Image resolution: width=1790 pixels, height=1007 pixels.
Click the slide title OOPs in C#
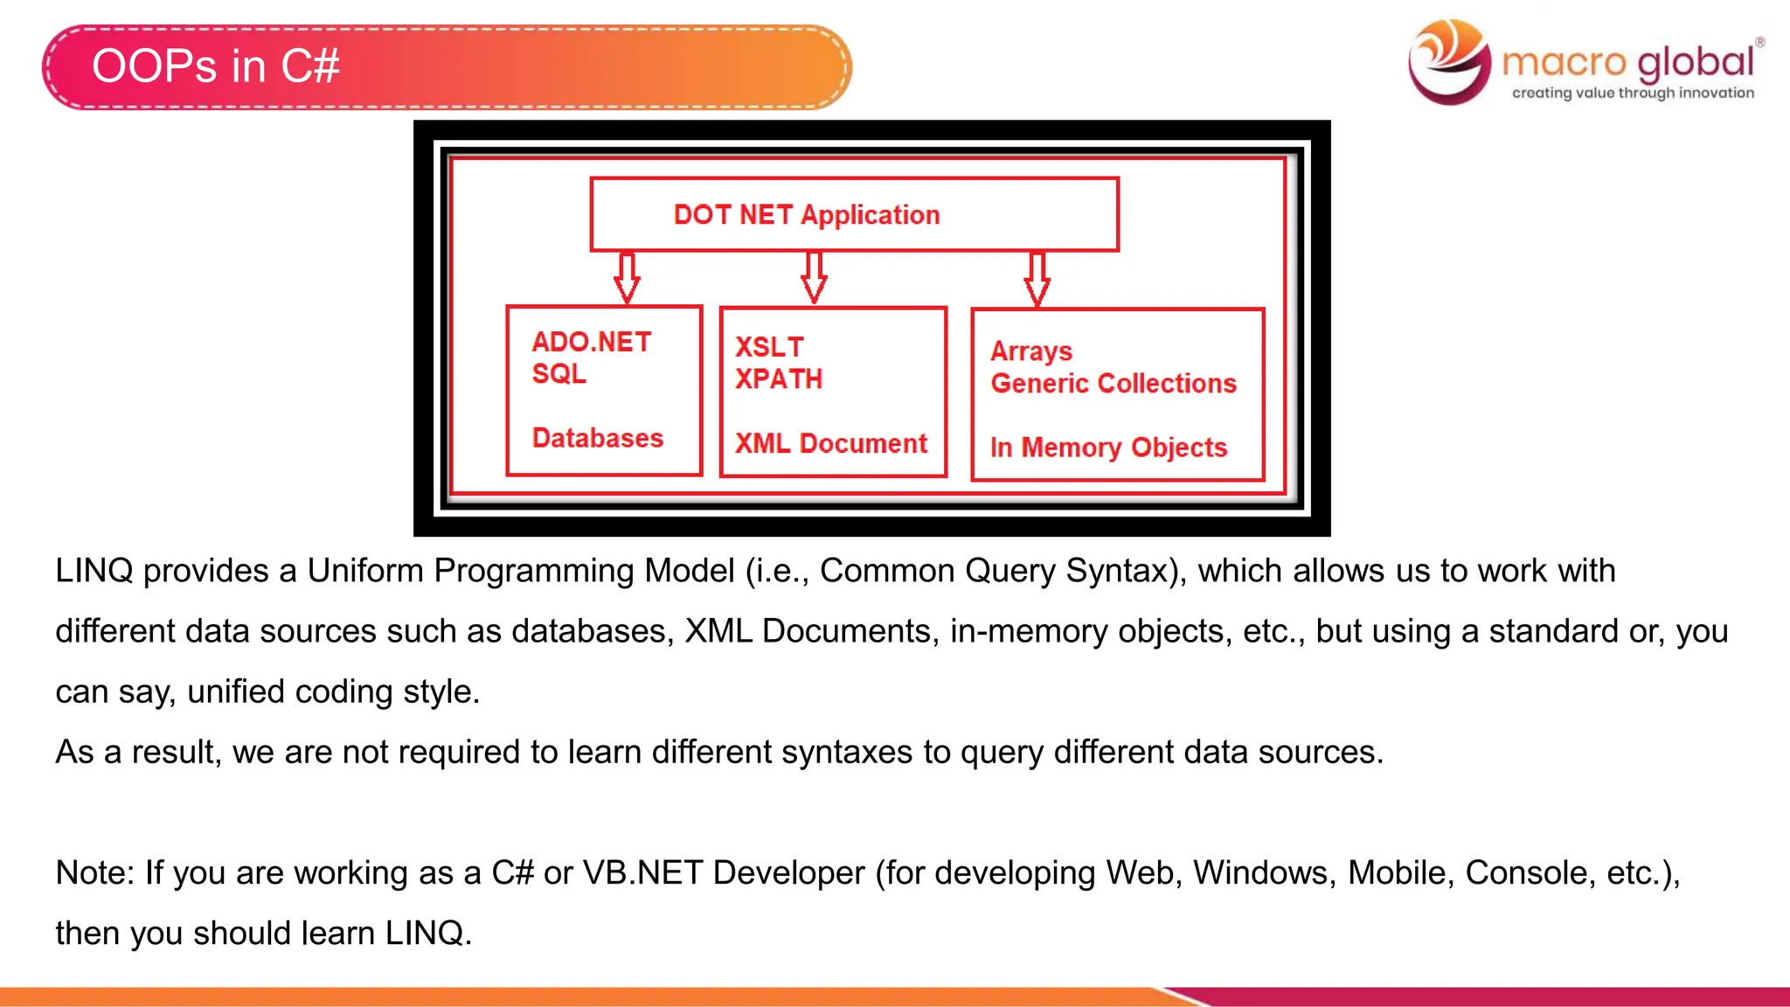click(215, 66)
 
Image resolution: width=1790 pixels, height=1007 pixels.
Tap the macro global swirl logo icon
click(1449, 61)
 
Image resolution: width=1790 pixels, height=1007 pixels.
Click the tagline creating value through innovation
click(1633, 93)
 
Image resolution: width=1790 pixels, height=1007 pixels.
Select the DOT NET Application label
click(806, 215)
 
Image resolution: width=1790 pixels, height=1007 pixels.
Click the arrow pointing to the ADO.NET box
click(627, 278)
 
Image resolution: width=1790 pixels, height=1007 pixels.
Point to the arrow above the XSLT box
click(814, 278)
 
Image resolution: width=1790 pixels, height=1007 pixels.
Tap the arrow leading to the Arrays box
click(1037, 279)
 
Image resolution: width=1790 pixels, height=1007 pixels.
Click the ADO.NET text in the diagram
click(592, 342)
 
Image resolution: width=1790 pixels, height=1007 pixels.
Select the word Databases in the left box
click(598, 438)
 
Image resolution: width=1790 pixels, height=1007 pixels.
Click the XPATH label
click(779, 379)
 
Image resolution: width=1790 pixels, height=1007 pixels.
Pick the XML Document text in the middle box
click(830, 443)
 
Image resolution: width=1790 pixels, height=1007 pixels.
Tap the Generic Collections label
click(1114, 384)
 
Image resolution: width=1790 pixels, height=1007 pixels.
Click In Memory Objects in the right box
click(1108, 448)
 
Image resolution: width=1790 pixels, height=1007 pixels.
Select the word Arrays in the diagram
click(1031, 351)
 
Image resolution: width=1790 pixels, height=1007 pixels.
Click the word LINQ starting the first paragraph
click(94, 571)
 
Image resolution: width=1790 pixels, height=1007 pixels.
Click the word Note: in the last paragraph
click(94, 872)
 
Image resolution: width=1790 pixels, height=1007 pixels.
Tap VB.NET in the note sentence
click(642, 872)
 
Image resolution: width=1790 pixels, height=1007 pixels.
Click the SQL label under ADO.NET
click(559, 374)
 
